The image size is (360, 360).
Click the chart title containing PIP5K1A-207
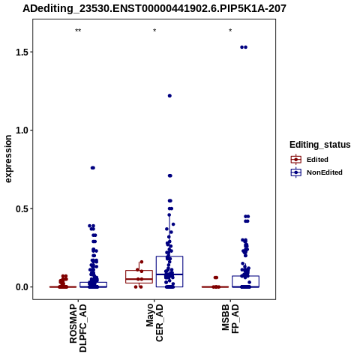click(154, 9)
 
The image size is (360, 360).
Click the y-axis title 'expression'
click(8, 159)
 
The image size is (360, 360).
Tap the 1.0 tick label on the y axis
click(21, 130)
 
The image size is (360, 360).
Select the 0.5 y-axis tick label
click(21, 208)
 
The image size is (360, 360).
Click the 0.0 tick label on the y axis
click(21, 287)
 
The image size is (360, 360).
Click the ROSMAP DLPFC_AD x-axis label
click(78, 328)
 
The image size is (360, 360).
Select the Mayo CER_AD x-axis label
click(154, 322)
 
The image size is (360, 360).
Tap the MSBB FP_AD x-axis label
click(230, 319)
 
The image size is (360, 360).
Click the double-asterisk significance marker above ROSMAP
click(78, 31)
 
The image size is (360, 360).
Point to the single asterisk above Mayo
click(154, 31)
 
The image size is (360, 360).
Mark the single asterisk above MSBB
click(230, 31)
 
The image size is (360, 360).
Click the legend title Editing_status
click(320, 145)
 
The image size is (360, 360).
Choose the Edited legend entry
click(310, 160)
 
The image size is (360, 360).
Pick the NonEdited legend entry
click(316, 172)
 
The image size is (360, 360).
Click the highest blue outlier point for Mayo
click(169, 96)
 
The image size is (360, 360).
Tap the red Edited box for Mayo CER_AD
click(139, 270)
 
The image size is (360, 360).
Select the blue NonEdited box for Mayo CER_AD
click(169, 256)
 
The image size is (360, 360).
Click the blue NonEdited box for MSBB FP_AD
click(245, 276)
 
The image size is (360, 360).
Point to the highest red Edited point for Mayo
click(142, 262)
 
